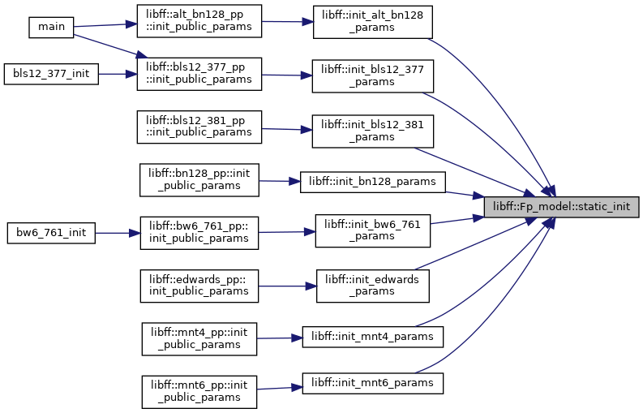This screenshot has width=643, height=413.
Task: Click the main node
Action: [x=51, y=28]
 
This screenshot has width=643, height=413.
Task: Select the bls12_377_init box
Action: [x=51, y=74]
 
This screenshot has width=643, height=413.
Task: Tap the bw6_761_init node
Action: [x=51, y=233]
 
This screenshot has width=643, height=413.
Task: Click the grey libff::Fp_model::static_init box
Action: [x=561, y=207]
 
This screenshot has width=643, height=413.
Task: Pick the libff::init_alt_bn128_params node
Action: [x=373, y=22]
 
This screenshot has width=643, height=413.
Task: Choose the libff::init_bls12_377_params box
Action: [x=373, y=76]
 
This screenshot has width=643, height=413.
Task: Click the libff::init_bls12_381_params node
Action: [x=373, y=131]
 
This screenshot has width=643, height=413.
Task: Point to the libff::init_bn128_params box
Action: [x=373, y=182]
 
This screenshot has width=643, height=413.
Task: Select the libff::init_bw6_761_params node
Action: [x=373, y=230]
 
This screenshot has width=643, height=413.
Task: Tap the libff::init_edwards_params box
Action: [x=373, y=286]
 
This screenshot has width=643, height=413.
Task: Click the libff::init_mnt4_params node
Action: [x=373, y=337]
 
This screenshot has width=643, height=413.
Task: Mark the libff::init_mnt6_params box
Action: [x=373, y=383]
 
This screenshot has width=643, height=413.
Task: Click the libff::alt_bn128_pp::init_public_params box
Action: [x=199, y=21]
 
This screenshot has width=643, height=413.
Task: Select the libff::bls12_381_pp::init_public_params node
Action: [x=199, y=127]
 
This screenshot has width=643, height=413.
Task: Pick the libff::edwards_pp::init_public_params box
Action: [x=199, y=286]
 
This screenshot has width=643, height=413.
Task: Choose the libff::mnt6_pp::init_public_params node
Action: [x=199, y=392]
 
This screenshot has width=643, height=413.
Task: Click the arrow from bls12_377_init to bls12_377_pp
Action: [x=118, y=75]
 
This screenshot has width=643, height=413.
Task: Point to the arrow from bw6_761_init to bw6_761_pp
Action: [x=118, y=233]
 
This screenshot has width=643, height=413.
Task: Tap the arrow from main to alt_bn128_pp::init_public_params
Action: [x=105, y=25]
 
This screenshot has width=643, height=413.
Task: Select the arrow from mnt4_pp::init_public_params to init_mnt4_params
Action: [x=280, y=338]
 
